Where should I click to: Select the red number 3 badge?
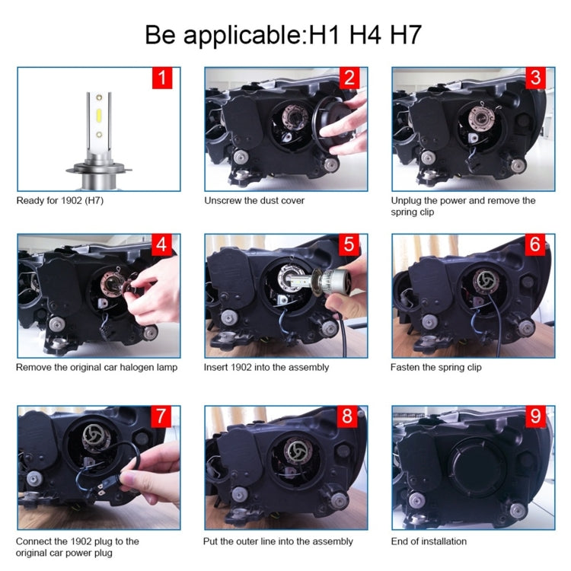(x=536, y=78)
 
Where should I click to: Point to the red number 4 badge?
(x=161, y=245)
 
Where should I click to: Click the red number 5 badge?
(x=348, y=245)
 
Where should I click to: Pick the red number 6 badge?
(x=536, y=245)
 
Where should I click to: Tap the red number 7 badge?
(x=161, y=416)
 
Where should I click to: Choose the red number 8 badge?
(x=348, y=416)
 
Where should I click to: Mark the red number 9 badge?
(x=536, y=416)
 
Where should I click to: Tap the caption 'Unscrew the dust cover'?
(x=254, y=201)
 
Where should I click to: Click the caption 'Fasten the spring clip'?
(x=435, y=367)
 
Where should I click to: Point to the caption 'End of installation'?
(x=429, y=541)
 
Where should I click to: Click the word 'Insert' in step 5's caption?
(x=216, y=367)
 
